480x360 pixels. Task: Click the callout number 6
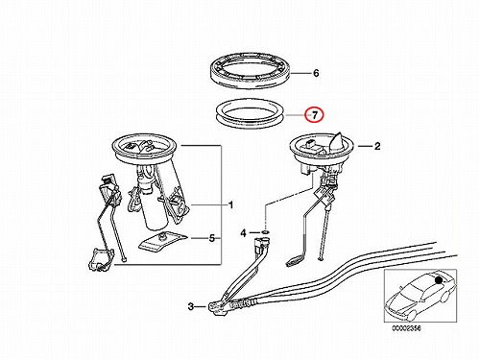tap(316, 73)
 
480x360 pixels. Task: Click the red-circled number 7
tap(315, 115)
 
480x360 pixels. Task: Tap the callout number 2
tap(377, 146)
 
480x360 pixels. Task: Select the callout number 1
tap(231, 204)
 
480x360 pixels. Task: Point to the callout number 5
tap(212, 238)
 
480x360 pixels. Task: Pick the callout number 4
tap(243, 233)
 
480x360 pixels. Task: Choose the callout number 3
tap(191, 306)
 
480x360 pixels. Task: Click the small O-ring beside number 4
tap(265, 231)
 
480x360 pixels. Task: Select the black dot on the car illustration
tap(439, 279)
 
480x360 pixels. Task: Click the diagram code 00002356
tap(406, 328)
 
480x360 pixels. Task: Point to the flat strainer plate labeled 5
tap(162, 242)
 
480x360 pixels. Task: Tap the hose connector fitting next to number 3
tap(219, 307)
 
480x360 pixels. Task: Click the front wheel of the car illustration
tap(412, 316)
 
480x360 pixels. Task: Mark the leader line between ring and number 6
tap(300, 74)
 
